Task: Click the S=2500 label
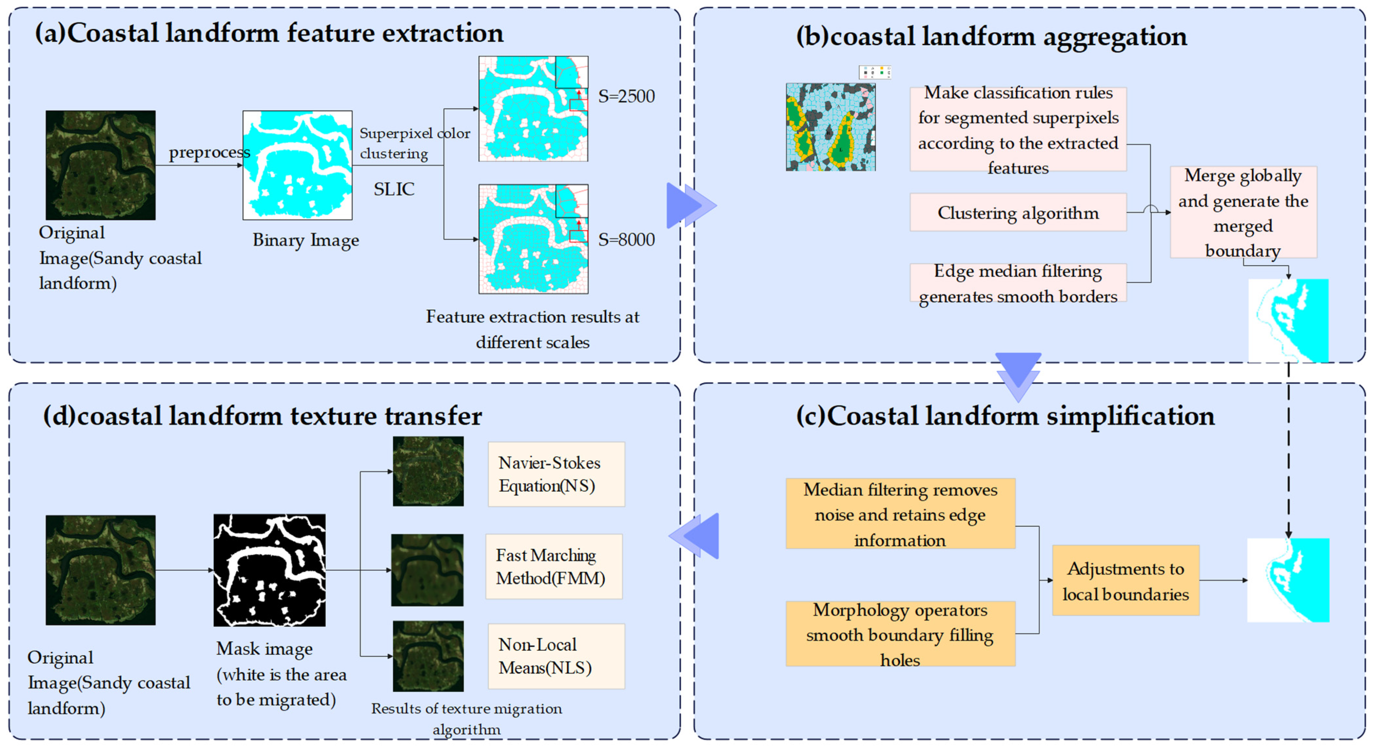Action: pos(626,96)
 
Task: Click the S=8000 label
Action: pos(626,240)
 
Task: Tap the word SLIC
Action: pos(394,189)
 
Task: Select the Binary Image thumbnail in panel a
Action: pos(297,165)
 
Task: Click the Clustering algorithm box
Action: pos(1018,213)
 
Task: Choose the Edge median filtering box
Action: pos(1018,283)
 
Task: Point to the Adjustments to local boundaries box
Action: pos(1125,580)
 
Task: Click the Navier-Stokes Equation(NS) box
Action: pos(556,474)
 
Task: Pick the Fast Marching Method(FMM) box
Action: pos(554,567)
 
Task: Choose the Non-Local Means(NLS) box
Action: pos(556,656)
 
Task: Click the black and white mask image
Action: pos(270,570)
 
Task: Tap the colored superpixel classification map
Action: pos(830,127)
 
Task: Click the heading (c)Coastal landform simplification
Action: pos(1005,416)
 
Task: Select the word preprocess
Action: pos(209,152)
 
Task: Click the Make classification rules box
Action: pos(1018,130)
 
